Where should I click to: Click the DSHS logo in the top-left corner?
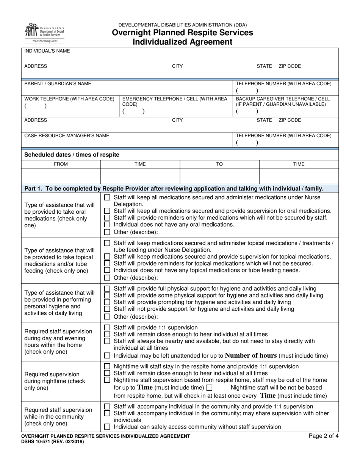point(44,33)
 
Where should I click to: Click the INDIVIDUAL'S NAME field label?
point(47,51)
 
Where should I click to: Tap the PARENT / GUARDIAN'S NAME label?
point(58,83)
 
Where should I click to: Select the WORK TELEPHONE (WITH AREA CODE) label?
point(69,99)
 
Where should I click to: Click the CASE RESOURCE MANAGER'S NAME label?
point(67,135)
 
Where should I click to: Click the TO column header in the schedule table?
point(219,164)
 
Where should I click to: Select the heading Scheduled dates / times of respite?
point(72,155)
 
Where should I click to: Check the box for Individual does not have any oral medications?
point(107,225)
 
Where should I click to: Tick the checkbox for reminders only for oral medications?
point(107,218)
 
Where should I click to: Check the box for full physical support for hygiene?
point(107,289)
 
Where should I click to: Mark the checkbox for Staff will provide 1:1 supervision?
point(107,327)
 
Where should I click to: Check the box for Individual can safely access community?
point(107,427)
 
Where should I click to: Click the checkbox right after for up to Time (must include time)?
point(209,388)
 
